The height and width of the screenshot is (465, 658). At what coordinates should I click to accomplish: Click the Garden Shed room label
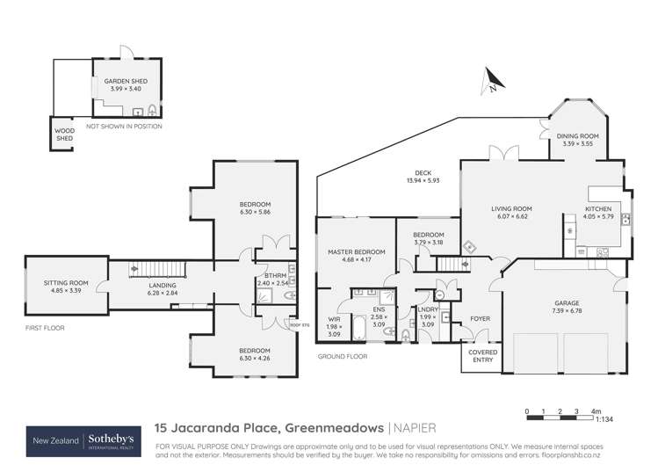tap(124, 80)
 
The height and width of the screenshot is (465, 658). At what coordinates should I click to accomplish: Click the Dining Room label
tap(577, 136)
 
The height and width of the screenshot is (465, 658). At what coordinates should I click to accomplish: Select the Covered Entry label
tap(480, 356)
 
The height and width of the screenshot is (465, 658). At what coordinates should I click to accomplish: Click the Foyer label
tap(480, 319)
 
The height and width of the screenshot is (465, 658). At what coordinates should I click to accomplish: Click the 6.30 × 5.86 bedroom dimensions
tap(253, 212)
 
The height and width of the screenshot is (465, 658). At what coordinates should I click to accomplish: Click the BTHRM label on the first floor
tap(271, 275)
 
